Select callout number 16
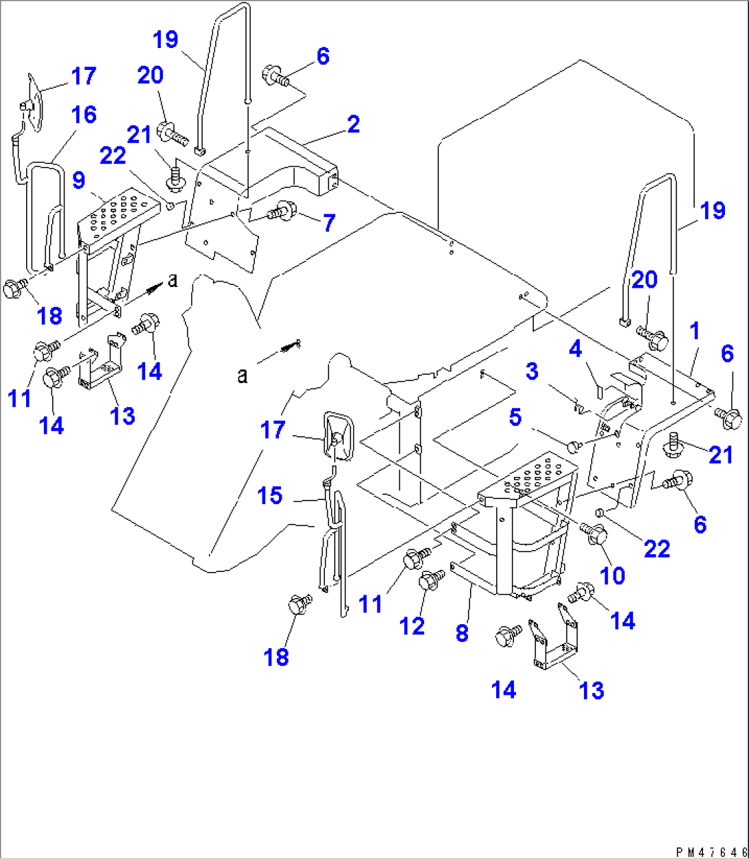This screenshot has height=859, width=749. pyautogui.click(x=85, y=115)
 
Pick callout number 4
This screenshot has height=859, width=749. pyautogui.click(x=574, y=350)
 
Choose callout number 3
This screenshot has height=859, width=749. pyautogui.click(x=531, y=371)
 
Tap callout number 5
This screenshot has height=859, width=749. pyautogui.click(x=515, y=418)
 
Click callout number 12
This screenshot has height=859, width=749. pyautogui.click(x=413, y=626)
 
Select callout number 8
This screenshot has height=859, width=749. pyautogui.click(x=462, y=632)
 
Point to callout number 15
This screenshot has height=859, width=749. pyautogui.click(x=270, y=495)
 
